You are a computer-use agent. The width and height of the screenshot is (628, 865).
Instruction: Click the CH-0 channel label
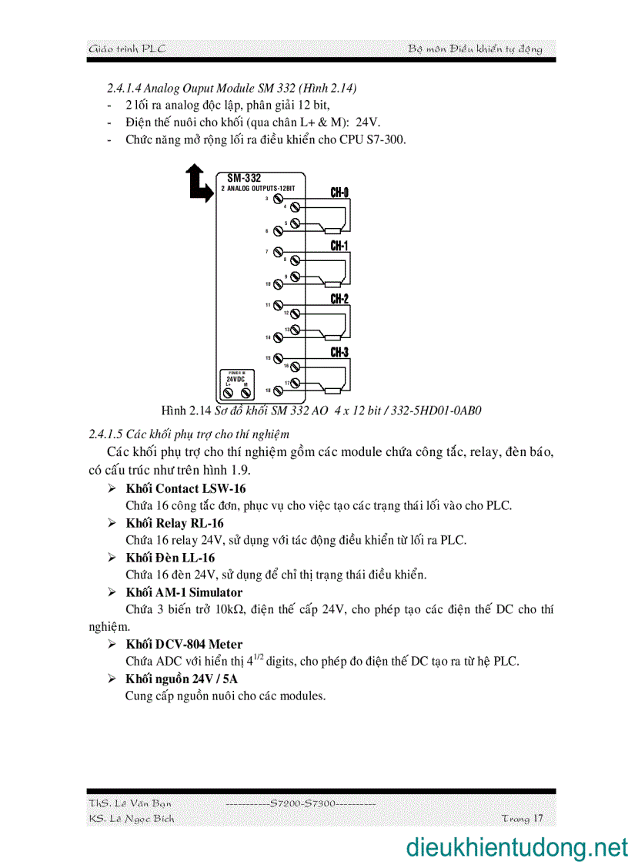339,193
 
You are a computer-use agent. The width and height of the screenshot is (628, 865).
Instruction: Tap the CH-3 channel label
339,353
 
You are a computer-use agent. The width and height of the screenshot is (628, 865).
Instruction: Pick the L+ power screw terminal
229,393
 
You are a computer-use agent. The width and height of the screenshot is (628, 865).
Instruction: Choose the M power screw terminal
246,393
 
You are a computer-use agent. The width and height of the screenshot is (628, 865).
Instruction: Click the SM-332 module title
244,178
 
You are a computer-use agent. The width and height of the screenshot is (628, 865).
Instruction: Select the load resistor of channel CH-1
333,284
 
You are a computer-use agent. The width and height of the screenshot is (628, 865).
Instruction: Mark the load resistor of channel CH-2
333,337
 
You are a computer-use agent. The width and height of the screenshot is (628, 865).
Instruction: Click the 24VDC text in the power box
235,380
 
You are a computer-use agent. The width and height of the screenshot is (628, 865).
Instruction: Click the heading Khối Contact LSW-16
185,488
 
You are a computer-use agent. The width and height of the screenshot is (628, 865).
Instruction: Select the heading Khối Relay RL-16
175,523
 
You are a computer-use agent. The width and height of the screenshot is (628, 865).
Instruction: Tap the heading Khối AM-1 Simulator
184,592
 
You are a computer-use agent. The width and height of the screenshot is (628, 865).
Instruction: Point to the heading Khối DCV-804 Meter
184,644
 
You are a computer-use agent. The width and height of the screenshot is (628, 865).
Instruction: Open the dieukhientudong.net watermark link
516,847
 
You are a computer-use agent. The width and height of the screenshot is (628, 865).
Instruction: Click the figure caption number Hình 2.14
185,410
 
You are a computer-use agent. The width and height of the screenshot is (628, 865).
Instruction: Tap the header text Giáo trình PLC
127,49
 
